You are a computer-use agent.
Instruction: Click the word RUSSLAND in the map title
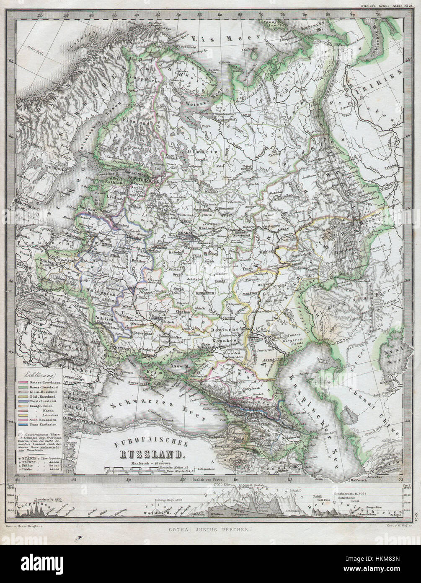click(151, 454)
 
